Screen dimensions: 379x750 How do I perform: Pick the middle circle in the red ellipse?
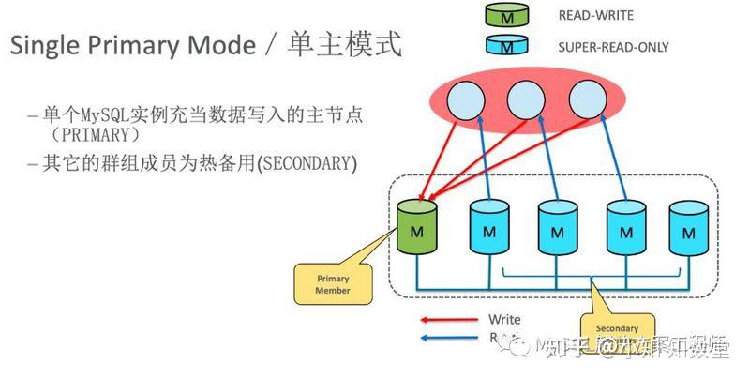(527, 99)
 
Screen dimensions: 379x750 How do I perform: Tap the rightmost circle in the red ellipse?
(588, 99)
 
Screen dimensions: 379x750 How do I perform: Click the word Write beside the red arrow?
(504, 320)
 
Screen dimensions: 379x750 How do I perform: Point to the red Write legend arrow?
(447, 321)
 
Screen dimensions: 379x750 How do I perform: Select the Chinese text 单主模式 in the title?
(347, 44)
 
